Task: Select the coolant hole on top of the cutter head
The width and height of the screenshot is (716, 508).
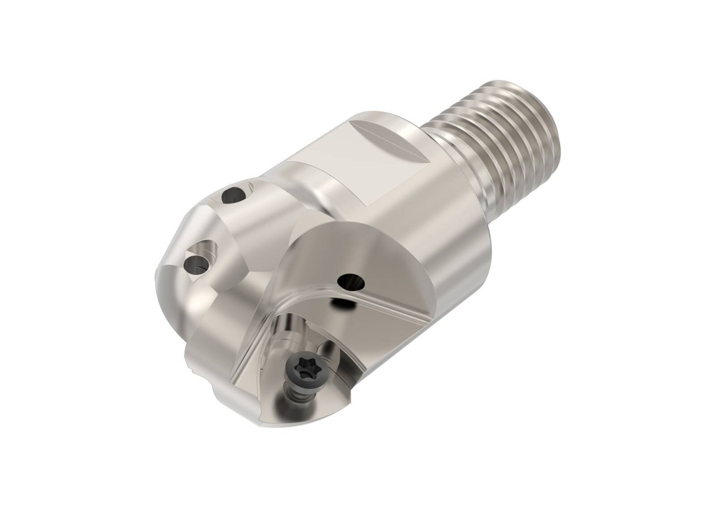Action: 234,195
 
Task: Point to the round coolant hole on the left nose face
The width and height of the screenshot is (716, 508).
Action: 195,263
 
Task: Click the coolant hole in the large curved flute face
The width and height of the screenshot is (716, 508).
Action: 350,282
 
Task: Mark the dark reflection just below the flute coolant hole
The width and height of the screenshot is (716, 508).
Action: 342,303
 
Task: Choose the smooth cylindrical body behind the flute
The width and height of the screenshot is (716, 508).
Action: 447,238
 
